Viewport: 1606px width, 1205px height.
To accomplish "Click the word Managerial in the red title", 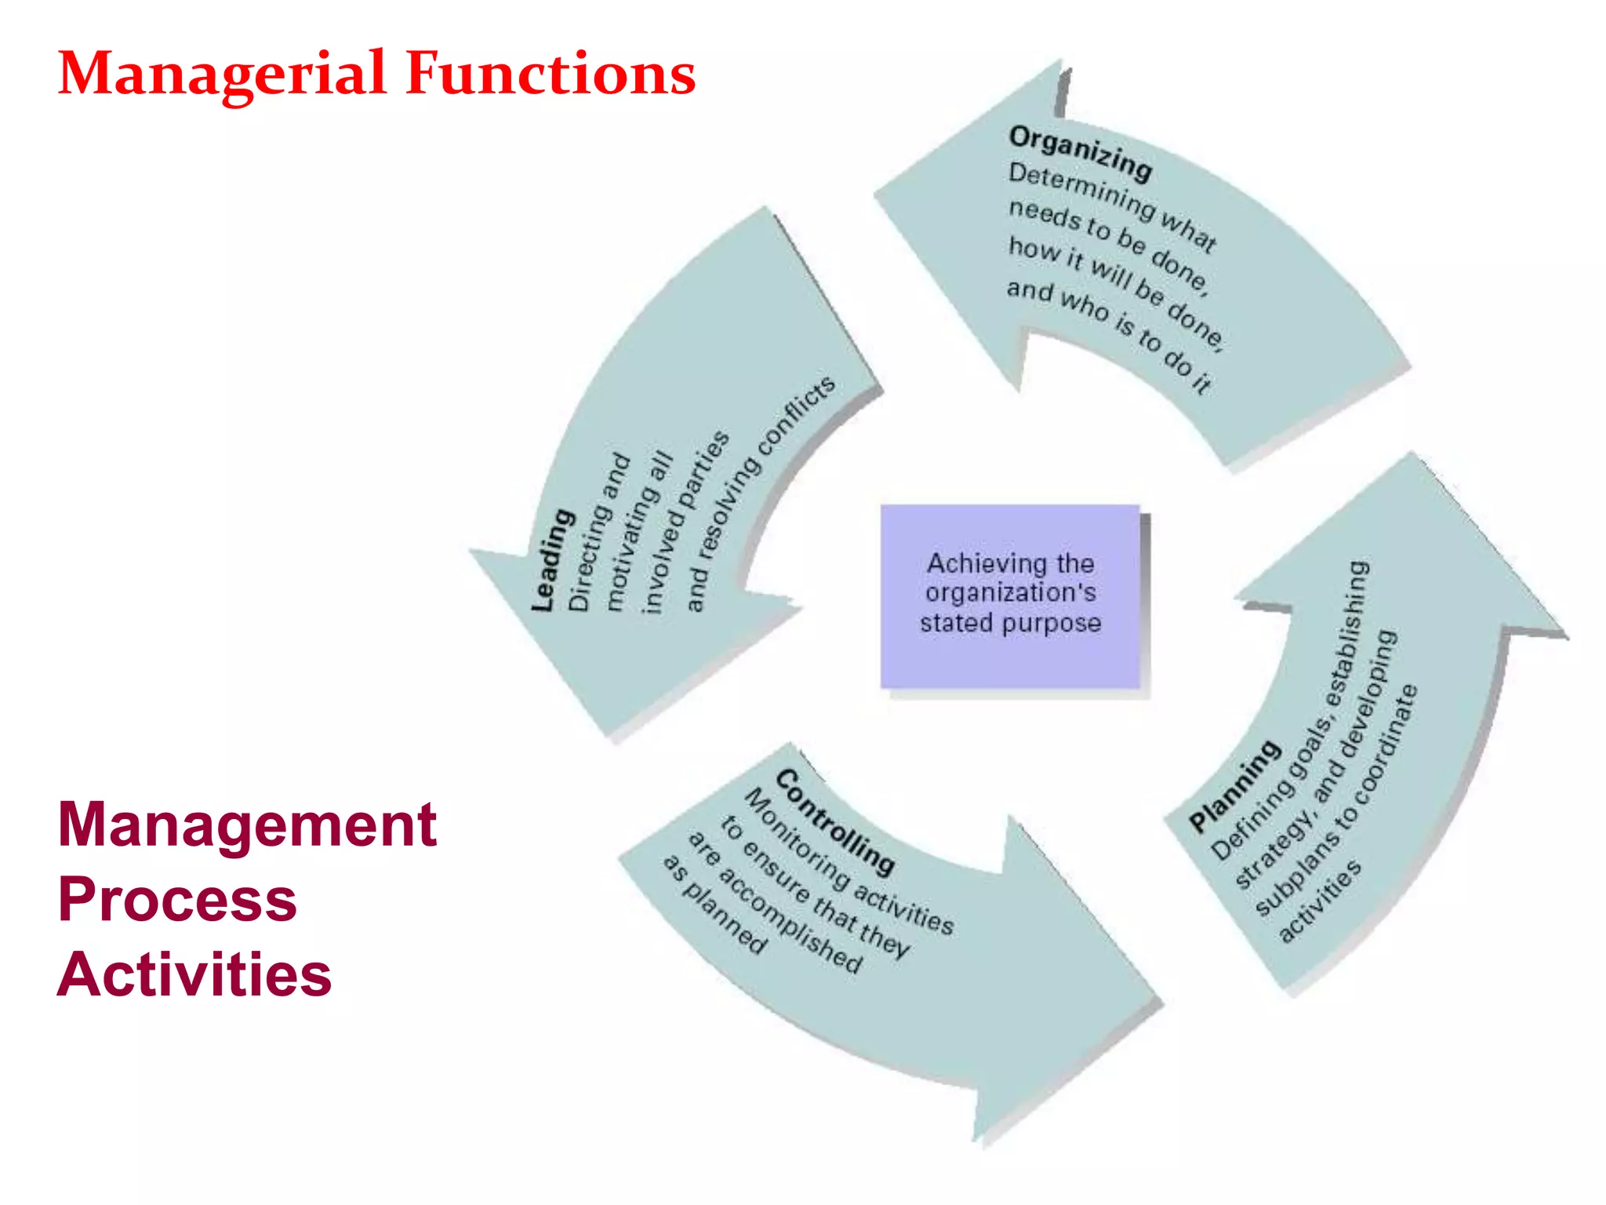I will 222,74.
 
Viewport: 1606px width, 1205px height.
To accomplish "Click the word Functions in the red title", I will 550,74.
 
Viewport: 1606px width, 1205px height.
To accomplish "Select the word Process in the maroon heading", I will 177,899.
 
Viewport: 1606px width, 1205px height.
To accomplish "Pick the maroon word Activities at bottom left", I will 194,974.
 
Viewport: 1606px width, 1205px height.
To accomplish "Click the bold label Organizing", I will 1080,152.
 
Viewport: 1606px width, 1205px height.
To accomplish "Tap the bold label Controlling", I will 834,821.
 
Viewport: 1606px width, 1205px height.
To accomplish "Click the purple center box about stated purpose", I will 1010,596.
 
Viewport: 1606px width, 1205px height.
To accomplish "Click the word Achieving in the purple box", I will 972,563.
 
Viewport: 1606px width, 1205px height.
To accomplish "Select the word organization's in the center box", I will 1010,593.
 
